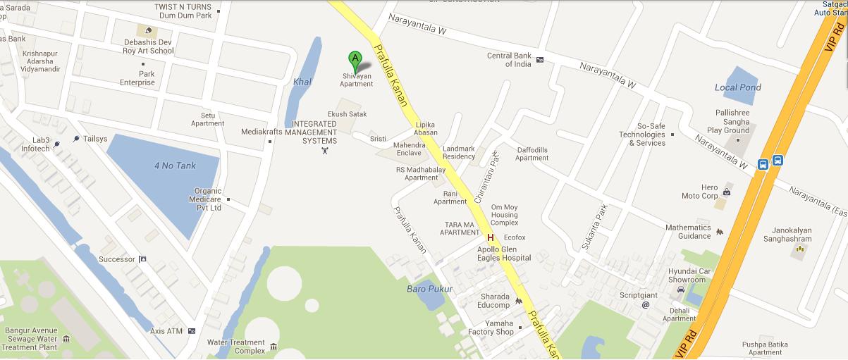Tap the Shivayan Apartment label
[x=357, y=80]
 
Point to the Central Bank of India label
[x=508, y=60]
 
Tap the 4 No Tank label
[x=175, y=166]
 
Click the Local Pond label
[x=738, y=87]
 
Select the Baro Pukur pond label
[x=429, y=289]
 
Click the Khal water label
[x=302, y=82]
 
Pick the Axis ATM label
[x=166, y=330]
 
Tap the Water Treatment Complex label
[x=235, y=347]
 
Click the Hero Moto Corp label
[x=699, y=192]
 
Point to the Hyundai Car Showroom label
[x=687, y=275]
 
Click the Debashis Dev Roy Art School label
[x=144, y=46]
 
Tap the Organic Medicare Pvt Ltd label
[x=208, y=199]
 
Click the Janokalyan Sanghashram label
[x=787, y=235]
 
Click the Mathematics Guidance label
[x=688, y=232]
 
